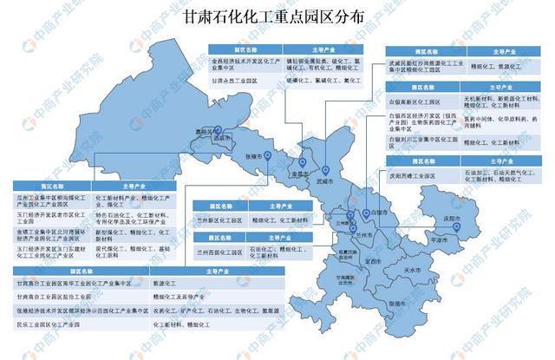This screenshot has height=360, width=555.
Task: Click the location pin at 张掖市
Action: click(x=268, y=156)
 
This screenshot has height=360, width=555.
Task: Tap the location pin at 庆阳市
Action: click(x=457, y=227)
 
